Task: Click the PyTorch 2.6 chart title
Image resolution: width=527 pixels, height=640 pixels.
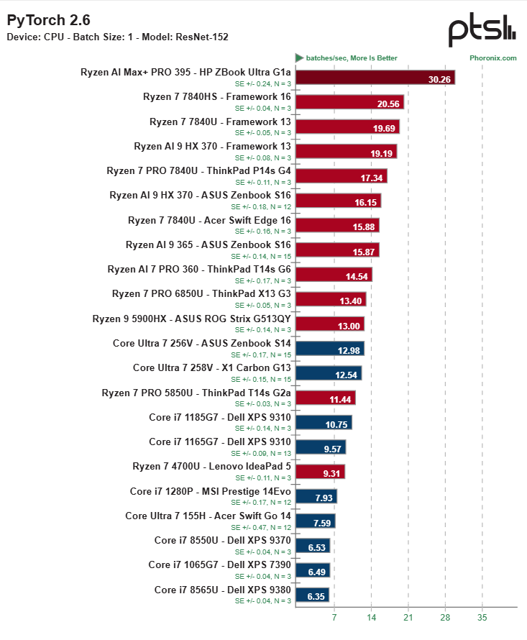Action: [49, 20]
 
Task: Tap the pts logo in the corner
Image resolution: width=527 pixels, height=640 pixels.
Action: [482, 29]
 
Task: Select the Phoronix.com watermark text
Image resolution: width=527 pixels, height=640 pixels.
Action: [492, 58]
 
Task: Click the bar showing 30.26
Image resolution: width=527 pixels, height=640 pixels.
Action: [375, 78]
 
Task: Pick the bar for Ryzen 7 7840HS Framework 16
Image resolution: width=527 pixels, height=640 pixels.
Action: [350, 102]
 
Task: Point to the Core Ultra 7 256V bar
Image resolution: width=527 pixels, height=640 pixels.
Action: [330, 349]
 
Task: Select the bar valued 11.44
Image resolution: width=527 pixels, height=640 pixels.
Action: [326, 398]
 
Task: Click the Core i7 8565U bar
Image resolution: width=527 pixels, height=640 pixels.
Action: [312, 595]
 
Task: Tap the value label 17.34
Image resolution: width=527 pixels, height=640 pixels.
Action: [372, 178]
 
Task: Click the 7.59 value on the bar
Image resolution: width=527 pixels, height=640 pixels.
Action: [322, 524]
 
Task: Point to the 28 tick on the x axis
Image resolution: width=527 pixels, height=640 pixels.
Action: [445, 618]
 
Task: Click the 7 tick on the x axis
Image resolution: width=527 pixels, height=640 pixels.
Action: [334, 618]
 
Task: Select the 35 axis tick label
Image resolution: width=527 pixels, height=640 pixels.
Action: [482, 618]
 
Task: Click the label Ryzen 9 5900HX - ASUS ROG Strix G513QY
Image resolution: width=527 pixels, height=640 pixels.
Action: [191, 319]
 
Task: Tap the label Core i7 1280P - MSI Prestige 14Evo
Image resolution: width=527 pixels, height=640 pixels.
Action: [210, 491]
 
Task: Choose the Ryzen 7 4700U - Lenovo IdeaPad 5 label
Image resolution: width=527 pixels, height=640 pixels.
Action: [211, 467]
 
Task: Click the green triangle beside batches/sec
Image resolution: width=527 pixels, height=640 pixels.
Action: [300, 58]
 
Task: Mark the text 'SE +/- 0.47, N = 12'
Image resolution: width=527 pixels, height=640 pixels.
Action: [261, 527]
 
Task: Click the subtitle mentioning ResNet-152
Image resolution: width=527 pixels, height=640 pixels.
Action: [118, 37]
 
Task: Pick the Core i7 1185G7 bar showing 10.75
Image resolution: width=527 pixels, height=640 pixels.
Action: [324, 422]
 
